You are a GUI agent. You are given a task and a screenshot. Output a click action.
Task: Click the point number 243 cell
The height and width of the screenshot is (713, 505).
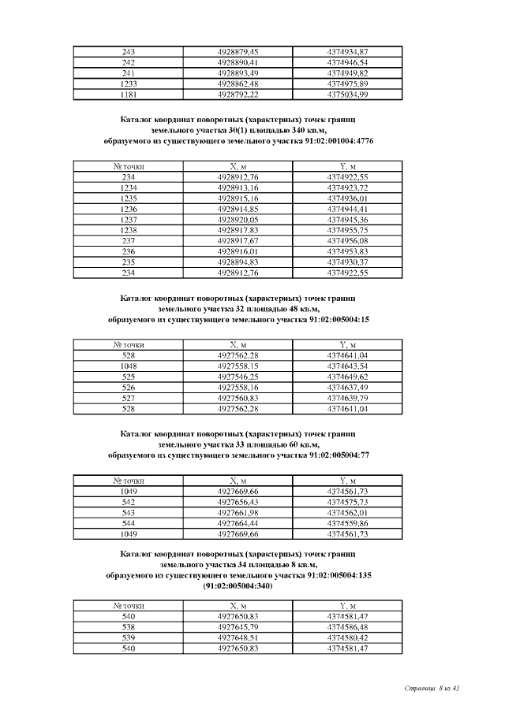pyautogui.click(x=129, y=52)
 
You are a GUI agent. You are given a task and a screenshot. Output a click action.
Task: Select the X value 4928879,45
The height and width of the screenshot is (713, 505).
pyautogui.click(x=238, y=52)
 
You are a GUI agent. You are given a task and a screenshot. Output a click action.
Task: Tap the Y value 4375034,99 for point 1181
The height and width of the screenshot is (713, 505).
pyautogui.click(x=347, y=95)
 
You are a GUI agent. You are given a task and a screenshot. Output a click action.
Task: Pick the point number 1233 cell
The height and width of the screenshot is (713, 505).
pyautogui.click(x=129, y=84)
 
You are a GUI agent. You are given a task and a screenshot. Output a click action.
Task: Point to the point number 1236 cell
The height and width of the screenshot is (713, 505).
pyautogui.click(x=129, y=209)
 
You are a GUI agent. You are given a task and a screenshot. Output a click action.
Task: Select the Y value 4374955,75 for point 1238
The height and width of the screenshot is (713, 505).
pyautogui.click(x=347, y=230)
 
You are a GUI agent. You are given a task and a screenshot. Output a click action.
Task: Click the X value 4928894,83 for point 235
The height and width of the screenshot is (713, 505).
pyautogui.click(x=238, y=262)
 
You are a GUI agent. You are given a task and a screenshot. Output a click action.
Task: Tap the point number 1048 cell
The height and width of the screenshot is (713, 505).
pyautogui.click(x=129, y=366)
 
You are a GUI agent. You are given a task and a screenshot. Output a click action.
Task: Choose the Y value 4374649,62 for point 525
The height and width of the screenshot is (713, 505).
pyautogui.click(x=347, y=377)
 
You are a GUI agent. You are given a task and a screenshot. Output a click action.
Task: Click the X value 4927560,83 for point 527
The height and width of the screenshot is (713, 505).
pyautogui.click(x=238, y=398)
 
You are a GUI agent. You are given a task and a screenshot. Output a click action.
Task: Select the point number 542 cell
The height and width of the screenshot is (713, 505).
pyautogui.click(x=129, y=502)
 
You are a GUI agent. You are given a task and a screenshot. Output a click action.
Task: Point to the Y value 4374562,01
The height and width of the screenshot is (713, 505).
pyautogui.click(x=347, y=512)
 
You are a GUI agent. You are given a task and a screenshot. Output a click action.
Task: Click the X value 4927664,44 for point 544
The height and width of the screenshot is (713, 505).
pyautogui.click(x=238, y=523)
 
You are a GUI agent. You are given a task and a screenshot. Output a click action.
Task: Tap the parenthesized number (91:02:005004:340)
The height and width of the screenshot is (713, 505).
pyautogui.click(x=238, y=586)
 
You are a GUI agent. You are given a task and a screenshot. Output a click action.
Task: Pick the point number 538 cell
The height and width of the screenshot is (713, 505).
pyautogui.click(x=129, y=627)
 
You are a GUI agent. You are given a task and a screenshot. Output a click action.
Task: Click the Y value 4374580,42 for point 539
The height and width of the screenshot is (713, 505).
pyautogui.click(x=347, y=637)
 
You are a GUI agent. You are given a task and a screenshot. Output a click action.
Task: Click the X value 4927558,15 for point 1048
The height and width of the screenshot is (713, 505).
pyautogui.click(x=238, y=366)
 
